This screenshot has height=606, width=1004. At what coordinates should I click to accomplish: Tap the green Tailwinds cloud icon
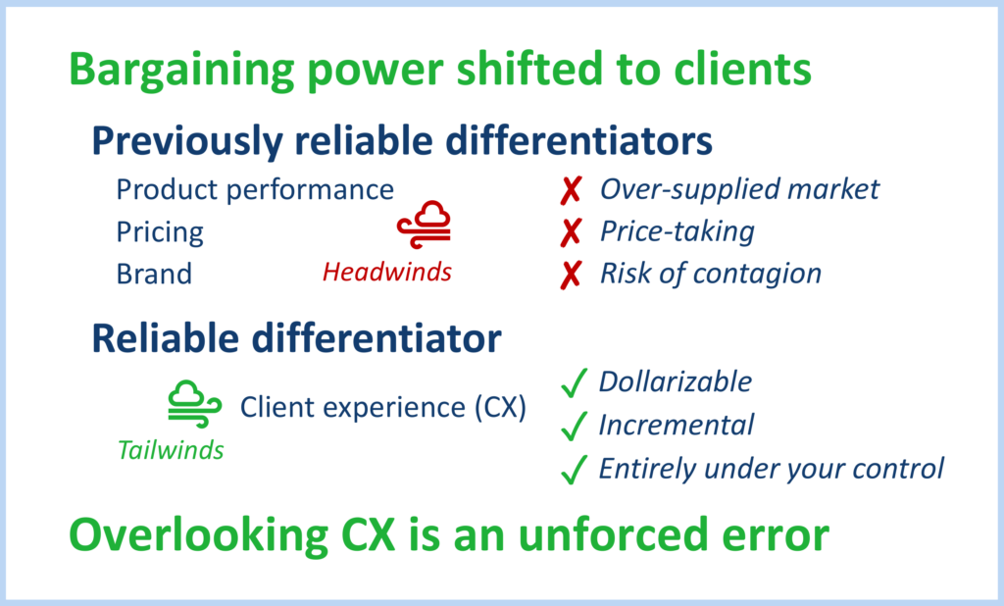[190, 402]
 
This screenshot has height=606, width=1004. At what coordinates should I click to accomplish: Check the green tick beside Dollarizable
[573, 383]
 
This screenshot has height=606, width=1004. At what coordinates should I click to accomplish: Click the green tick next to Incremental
[573, 427]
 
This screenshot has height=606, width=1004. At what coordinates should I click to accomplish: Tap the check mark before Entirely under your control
[573, 470]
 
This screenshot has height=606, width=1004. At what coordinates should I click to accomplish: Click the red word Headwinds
[387, 272]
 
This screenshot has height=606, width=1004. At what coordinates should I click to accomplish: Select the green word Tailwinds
[171, 450]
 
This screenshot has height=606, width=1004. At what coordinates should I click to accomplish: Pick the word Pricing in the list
[160, 232]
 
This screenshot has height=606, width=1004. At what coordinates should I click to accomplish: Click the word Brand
[154, 274]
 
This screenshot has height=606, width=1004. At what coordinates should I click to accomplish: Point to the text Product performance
[255, 189]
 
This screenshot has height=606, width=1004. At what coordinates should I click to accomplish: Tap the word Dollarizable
[675, 381]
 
